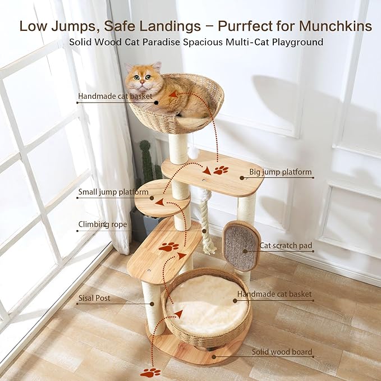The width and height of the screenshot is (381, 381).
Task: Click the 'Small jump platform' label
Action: [113, 192]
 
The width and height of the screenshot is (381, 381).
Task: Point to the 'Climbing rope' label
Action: [103, 224]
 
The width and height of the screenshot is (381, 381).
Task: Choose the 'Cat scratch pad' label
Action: [286, 245]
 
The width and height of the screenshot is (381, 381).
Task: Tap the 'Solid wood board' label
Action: [282, 352]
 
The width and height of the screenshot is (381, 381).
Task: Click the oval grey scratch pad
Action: [242, 246]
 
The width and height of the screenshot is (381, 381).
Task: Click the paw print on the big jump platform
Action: [221, 169]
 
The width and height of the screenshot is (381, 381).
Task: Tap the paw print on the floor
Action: [150, 372]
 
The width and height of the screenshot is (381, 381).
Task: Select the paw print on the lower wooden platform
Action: [168, 246]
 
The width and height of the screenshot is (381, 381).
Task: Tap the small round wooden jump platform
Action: [160, 200]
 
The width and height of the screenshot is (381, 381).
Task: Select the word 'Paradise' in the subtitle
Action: [183, 42]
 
